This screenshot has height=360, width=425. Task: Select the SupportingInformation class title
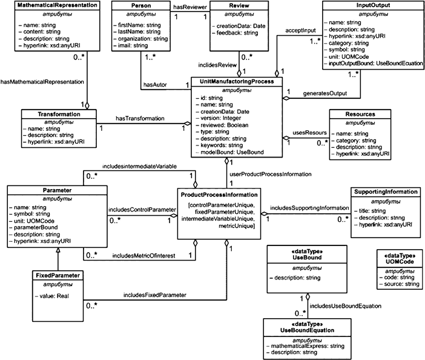click(384, 192)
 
